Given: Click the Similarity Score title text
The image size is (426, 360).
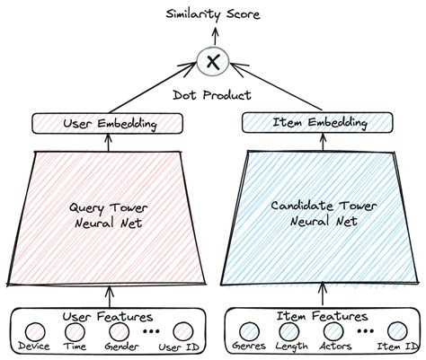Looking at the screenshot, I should click(x=212, y=14).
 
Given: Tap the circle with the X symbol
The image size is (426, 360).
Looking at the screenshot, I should click(x=213, y=61).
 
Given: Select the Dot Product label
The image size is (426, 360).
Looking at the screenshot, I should click(x=213, y=93).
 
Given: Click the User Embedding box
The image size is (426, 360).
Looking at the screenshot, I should click(x=109, y=122).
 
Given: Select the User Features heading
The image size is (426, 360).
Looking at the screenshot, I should click(x=108, y=316).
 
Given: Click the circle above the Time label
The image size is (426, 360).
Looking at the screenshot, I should click(x=75, y=332).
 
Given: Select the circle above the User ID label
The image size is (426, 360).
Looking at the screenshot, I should click(x=183, y=332).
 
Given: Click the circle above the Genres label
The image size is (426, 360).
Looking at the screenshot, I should click(x=246, y=332).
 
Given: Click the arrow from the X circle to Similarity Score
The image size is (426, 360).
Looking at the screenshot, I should click(x=213, y=36).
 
